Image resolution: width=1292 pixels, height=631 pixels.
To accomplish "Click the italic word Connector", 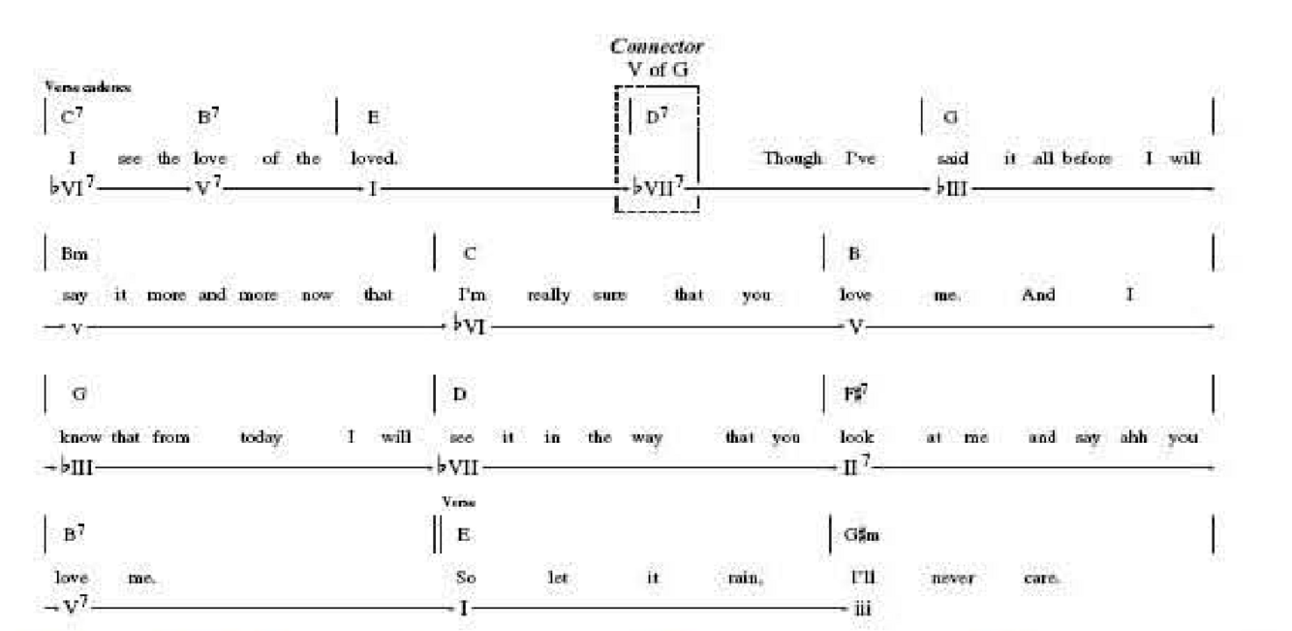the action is [x=657, y=46].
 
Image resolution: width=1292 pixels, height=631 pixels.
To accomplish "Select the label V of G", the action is [x=657, y=68].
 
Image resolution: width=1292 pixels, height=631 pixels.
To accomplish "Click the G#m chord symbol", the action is [x=863, y=535].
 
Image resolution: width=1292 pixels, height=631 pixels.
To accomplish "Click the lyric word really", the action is [x=548, y=296].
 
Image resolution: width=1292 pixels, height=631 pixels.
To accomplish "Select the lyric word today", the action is [x=261, y=437].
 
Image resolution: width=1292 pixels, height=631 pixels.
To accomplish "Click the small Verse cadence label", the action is [x=87, y=87].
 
